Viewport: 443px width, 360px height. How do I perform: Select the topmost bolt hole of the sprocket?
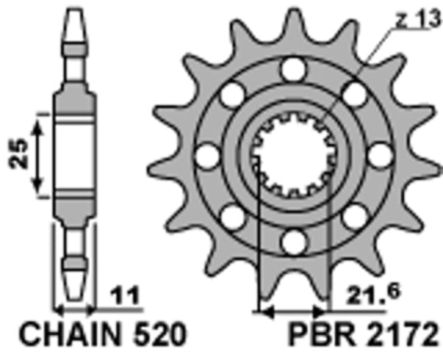[x=293, y=71]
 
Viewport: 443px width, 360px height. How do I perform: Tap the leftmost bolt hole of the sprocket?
[x=208, y=156]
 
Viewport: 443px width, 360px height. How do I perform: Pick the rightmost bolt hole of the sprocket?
[x=379, y=156]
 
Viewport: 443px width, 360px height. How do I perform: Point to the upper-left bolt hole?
[x=233, y=95]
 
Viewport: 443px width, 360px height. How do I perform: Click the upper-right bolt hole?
[x=354, y=95]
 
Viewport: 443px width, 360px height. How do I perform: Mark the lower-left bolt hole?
[x=233, y=215]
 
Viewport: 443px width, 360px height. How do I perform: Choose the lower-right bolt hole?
[x=354, y=215]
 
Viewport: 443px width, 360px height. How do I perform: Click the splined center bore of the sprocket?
[x=293, y=155]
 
